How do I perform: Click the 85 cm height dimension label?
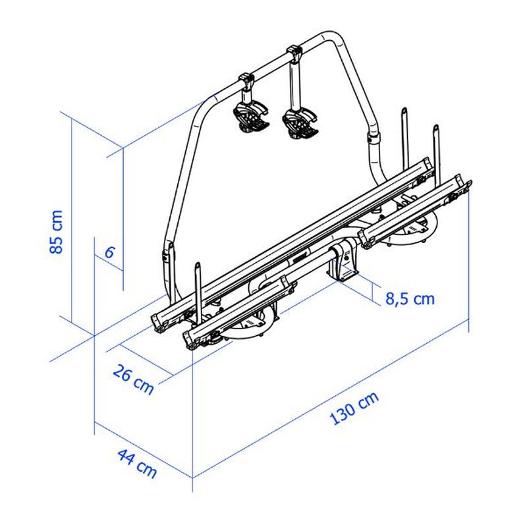coord(56,232)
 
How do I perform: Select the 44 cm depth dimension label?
coord(137,464)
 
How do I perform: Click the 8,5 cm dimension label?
coord(410,299)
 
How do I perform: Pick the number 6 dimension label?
coord(109,252)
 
